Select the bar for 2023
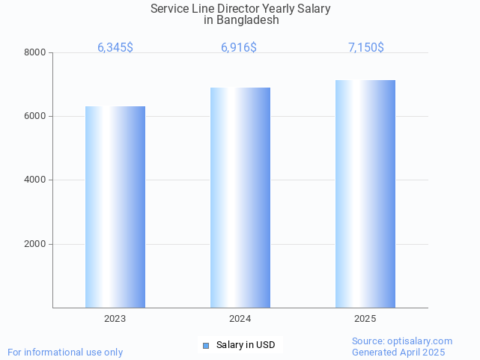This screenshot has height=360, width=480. (115, 207)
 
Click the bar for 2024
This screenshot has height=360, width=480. (240, 198)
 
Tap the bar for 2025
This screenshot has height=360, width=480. (365, 194)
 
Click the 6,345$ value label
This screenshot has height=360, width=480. (115, 48)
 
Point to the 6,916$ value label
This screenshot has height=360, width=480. (239, 48)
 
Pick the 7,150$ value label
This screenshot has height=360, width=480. (366, 48)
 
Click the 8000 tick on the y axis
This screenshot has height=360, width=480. (34, 52)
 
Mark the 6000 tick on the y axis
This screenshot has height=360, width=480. (34, 117)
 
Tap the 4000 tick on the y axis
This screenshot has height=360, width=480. (34, 180)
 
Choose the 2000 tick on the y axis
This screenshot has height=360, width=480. (34, 244)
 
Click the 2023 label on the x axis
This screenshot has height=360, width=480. (115, 319)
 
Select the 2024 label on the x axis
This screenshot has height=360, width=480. (240, 319)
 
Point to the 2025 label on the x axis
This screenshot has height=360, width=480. (365, 319)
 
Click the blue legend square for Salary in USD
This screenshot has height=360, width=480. (207, 345)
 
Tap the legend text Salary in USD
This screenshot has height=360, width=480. (246, 345)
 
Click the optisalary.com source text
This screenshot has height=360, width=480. (402, 341)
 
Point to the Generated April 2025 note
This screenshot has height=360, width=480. (398, 352)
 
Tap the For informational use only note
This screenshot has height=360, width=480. (65, 352)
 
